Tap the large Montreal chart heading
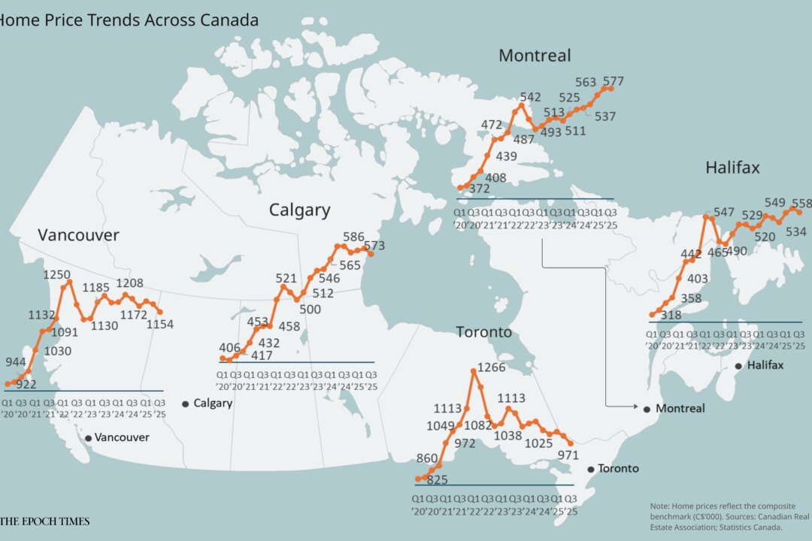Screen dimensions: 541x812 click(x=535, y=56)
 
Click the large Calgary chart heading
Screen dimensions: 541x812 click(x=299, y=210)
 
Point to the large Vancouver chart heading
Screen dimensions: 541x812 click(x=78, y=235)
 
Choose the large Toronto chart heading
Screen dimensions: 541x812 click(x=484, y=332)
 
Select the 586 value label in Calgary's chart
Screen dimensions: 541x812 click(x=353, y=237)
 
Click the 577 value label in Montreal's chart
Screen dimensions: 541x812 click(x=613, y=81)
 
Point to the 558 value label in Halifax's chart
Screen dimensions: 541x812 click(x=801, y=203)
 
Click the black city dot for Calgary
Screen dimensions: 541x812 click(x=185, y=404)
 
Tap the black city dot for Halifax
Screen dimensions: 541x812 click(x=738, y=366)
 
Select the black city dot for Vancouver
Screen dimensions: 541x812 click(x=89, y=438)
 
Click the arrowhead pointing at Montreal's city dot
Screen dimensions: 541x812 click(x=635, y=408)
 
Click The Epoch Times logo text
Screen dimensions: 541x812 click(x=45, y=521)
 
